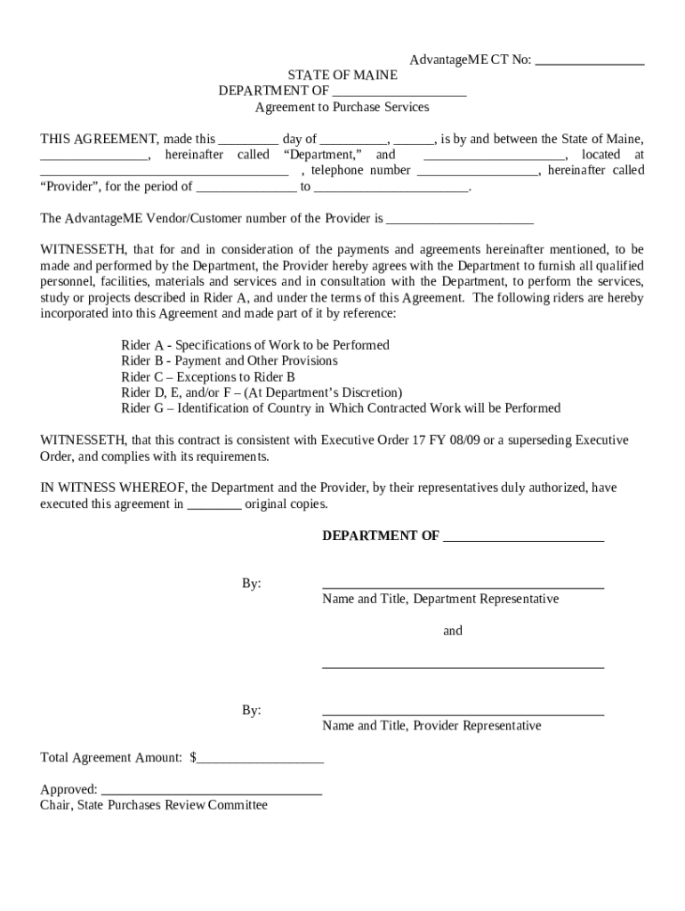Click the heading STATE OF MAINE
tap(342, 76)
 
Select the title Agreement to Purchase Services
tap(342, 108)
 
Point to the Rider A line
tap(254, 345)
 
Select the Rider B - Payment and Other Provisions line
tap(230, 361)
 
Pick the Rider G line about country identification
tap(341, 408)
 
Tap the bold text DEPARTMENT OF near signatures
tap(380, 536)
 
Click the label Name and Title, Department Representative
tap(440, 600)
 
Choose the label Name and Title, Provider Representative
tap(431, 726)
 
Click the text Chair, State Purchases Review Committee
tap(154, 806)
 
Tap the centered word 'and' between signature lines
tap(453, 631)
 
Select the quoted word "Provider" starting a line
tap(68, 187)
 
